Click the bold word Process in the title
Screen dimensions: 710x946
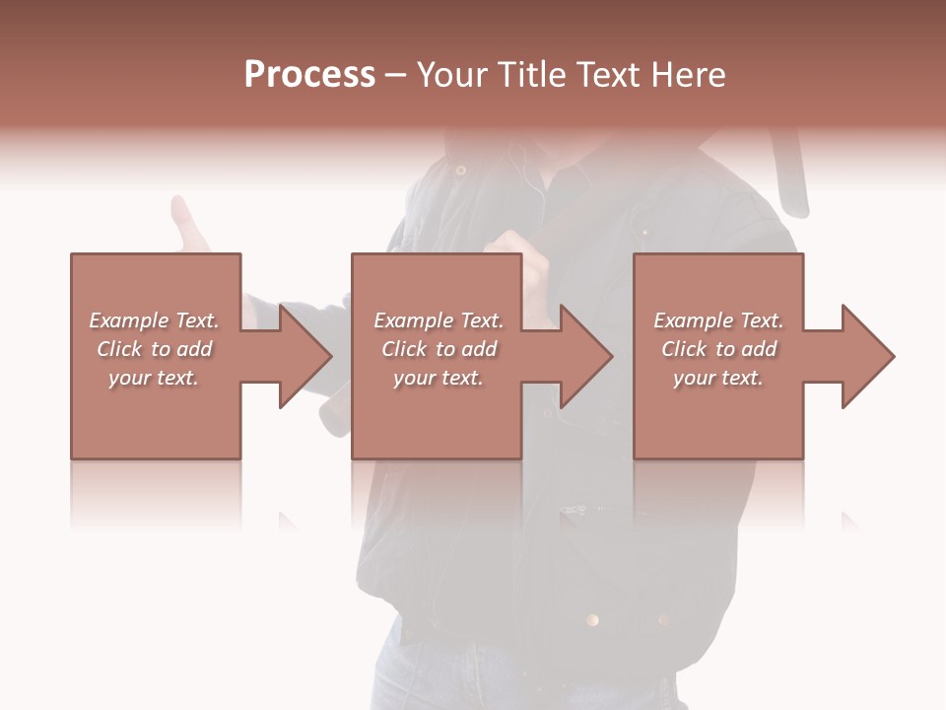(309, 75)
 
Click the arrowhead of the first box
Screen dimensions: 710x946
(305, 356)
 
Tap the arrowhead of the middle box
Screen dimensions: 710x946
(587, 356)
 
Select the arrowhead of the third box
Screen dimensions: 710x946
(868, 356)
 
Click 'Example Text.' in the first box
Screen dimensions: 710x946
(154, 320)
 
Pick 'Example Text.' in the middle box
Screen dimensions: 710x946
(438, 320)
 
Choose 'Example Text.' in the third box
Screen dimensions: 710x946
(718, 320)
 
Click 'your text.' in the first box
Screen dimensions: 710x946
(154, 378)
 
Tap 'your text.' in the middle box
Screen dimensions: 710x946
(438, 378)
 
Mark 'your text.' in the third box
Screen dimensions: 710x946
(718, 378)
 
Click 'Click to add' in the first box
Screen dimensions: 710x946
(154, 349)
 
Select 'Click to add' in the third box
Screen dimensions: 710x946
(718, 349)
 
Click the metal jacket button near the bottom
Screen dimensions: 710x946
(592, 619)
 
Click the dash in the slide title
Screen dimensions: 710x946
(396, 75)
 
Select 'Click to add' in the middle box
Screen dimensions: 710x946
(438, 349)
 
